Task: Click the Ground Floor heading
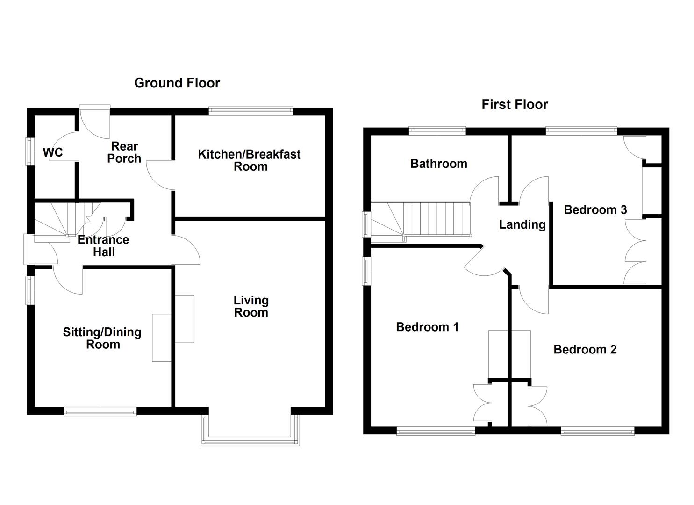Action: tap(177, 83)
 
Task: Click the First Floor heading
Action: tap(515, 104)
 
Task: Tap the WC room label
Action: tap(52, 152)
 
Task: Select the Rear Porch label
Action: tap(124, 152)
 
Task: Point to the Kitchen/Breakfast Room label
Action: tap(249, 160)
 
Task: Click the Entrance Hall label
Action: tap(103, 246)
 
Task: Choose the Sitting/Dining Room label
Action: tap(102, 338)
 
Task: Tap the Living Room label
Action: tap(251, 306)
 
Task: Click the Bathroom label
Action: tap(438, 164)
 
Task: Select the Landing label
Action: tap(522, 224)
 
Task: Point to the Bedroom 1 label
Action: tap(427, 327)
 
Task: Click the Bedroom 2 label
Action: tap(585, 349)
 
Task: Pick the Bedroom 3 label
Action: tap(595, 209)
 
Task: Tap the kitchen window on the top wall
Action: tap(250, 111)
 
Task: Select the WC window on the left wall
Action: tap(29, 151)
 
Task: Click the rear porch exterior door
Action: tap(94, 108)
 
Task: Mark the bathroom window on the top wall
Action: tap(437, 130)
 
